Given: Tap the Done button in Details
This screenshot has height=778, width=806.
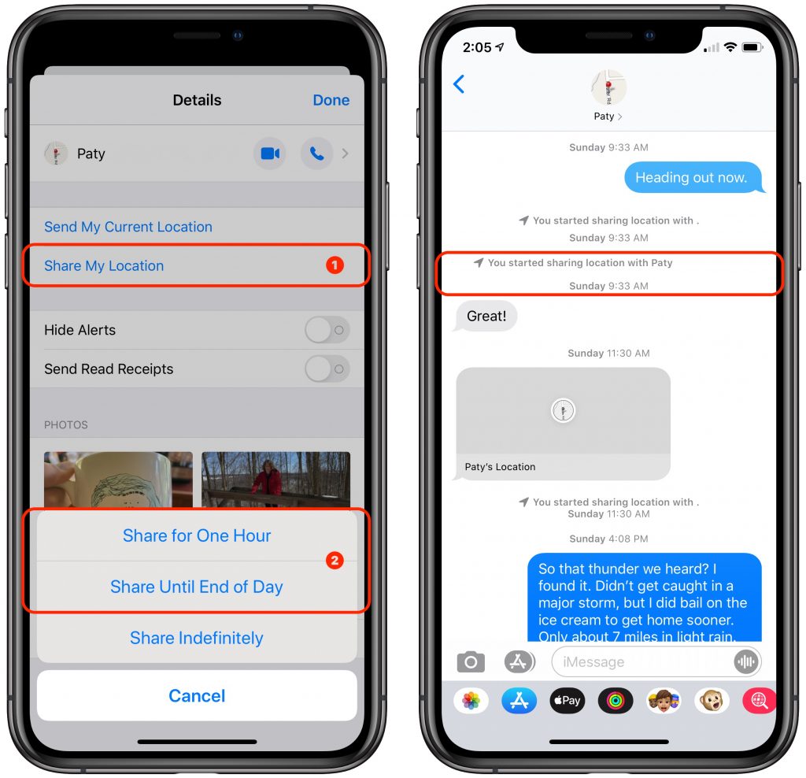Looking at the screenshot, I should pyautogui.click(x=331, y=100).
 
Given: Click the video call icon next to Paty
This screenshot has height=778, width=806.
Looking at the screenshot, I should pyautogui.click(x=270, y=154).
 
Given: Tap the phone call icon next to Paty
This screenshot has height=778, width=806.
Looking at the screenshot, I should pyautogui.click(x=316, y=154).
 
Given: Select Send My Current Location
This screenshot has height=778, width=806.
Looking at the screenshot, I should pyautogui.click(x=128, y=227).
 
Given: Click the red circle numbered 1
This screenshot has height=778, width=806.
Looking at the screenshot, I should pyautogui.click(x=335, y=265).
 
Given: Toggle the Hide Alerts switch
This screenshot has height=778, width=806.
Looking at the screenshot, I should pyautogui.click(x=327, y=330).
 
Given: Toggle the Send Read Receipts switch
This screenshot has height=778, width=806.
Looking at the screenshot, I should pyautogui.click(x=327, y=369).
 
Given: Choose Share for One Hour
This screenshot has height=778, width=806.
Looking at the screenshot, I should pyautogui.click(x=197, y=535).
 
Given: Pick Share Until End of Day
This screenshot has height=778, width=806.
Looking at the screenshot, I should pyautogui.click(x=197, y=587).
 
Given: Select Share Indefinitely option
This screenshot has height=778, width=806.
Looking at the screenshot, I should pyautogui.click(x=197, y=638).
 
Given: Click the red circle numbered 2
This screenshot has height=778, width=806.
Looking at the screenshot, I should pyautogui.click(x=335, y=561).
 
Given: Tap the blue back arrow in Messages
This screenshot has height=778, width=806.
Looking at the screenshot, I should pyautogui.click(x=459, y=84).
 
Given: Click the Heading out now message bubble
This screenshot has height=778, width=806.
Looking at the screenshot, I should pyautogui.click(x=691, y=178).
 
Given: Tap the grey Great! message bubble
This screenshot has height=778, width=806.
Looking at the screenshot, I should pyautogui.click(x=486, y=316).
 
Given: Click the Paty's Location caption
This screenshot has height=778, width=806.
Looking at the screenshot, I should pyautogui.click(x=500, y=467).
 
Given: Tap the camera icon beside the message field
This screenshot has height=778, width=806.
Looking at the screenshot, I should pyautogui.click(x=471, y=662).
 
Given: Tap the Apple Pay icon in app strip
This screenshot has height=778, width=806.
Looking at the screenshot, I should pyautogui.click(x=567, y=700).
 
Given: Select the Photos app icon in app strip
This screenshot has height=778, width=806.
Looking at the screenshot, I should pyautogui.click(x=471, y=700).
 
